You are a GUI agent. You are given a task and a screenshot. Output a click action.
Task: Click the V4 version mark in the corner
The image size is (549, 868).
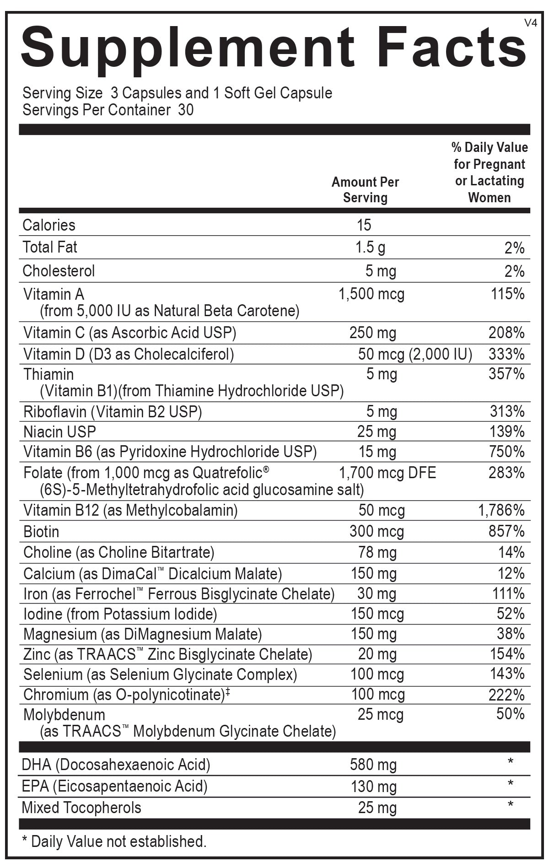531,23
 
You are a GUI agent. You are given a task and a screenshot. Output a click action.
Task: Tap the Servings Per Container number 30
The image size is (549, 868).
186,110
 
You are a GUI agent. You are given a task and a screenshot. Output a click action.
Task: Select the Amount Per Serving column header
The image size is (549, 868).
365,190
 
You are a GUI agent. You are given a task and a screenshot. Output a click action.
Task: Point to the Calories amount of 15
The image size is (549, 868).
364,225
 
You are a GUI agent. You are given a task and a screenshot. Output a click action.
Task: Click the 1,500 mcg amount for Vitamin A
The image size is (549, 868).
371,294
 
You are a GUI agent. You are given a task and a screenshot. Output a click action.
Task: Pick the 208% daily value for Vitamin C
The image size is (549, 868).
506,333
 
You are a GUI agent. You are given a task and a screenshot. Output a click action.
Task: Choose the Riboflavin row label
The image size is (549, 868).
55,412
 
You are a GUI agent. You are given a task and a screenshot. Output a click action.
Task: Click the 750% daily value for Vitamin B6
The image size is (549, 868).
506,452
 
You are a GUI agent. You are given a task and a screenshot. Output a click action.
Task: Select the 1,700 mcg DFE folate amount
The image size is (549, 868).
387,473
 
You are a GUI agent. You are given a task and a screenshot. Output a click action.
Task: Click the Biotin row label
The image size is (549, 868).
41,532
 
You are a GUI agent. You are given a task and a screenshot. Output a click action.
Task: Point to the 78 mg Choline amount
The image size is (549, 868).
377,553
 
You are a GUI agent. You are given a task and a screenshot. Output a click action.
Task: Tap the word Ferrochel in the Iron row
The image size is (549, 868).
105,594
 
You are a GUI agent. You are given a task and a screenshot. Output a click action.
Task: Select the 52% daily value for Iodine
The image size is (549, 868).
511,614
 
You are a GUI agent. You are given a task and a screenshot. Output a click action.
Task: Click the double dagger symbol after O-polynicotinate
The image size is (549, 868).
228,692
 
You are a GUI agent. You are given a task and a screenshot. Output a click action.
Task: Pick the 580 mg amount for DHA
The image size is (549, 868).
373,765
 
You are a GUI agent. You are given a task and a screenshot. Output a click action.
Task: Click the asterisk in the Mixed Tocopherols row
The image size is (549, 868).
511,804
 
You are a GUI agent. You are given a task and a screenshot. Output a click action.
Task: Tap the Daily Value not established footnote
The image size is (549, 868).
114,841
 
